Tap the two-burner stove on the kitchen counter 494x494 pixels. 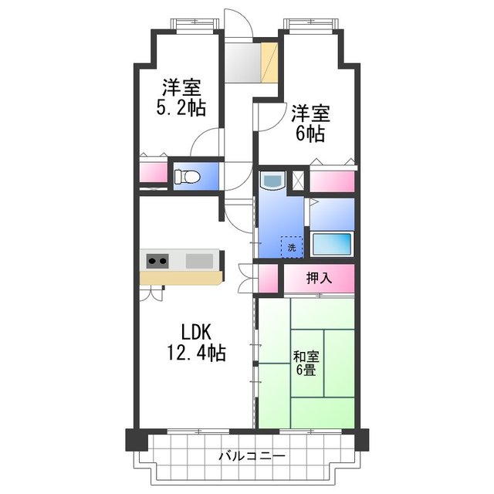click(x=157, y=260)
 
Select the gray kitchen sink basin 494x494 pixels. click(x=201, y=260)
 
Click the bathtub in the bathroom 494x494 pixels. click(x=332, y=244)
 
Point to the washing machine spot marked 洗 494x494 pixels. click(x=292, y=247)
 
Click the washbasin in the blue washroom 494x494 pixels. click(x=272, y=181)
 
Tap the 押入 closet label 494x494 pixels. click(x=319, y=279)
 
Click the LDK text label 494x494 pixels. click(x=196, y=333)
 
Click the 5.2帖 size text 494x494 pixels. click(x=182, y=108)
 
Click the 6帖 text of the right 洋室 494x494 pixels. click(x=310, y=134)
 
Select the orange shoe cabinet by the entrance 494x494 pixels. click(x=269, y=63)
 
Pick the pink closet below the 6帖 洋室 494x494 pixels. click(x=333, y=181)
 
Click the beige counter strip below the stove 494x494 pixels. click(x=182, y=276)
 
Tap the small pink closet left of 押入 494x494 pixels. click(x=267, y=279)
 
